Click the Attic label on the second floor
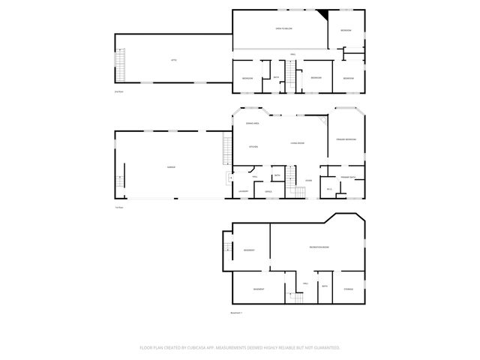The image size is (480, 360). (173, 59)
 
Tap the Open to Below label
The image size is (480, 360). (283, 28)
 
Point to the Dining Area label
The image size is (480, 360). (252, 123)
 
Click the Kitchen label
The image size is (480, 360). (253, 146)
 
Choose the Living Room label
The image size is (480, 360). (297, 142)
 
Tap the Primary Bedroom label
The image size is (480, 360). (346, 139)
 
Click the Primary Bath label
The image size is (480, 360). (347, 177)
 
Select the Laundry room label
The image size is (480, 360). (243, 192)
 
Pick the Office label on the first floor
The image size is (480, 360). (268, 192)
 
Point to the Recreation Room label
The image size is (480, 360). (319, 247)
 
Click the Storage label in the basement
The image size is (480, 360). (348, 289)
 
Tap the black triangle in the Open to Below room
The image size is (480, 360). (323, 14)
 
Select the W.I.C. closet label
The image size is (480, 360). (329, 189)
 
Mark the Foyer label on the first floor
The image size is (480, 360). (308, 181)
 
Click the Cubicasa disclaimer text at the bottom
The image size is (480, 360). (240, 347)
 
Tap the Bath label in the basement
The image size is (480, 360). (325, 286)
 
